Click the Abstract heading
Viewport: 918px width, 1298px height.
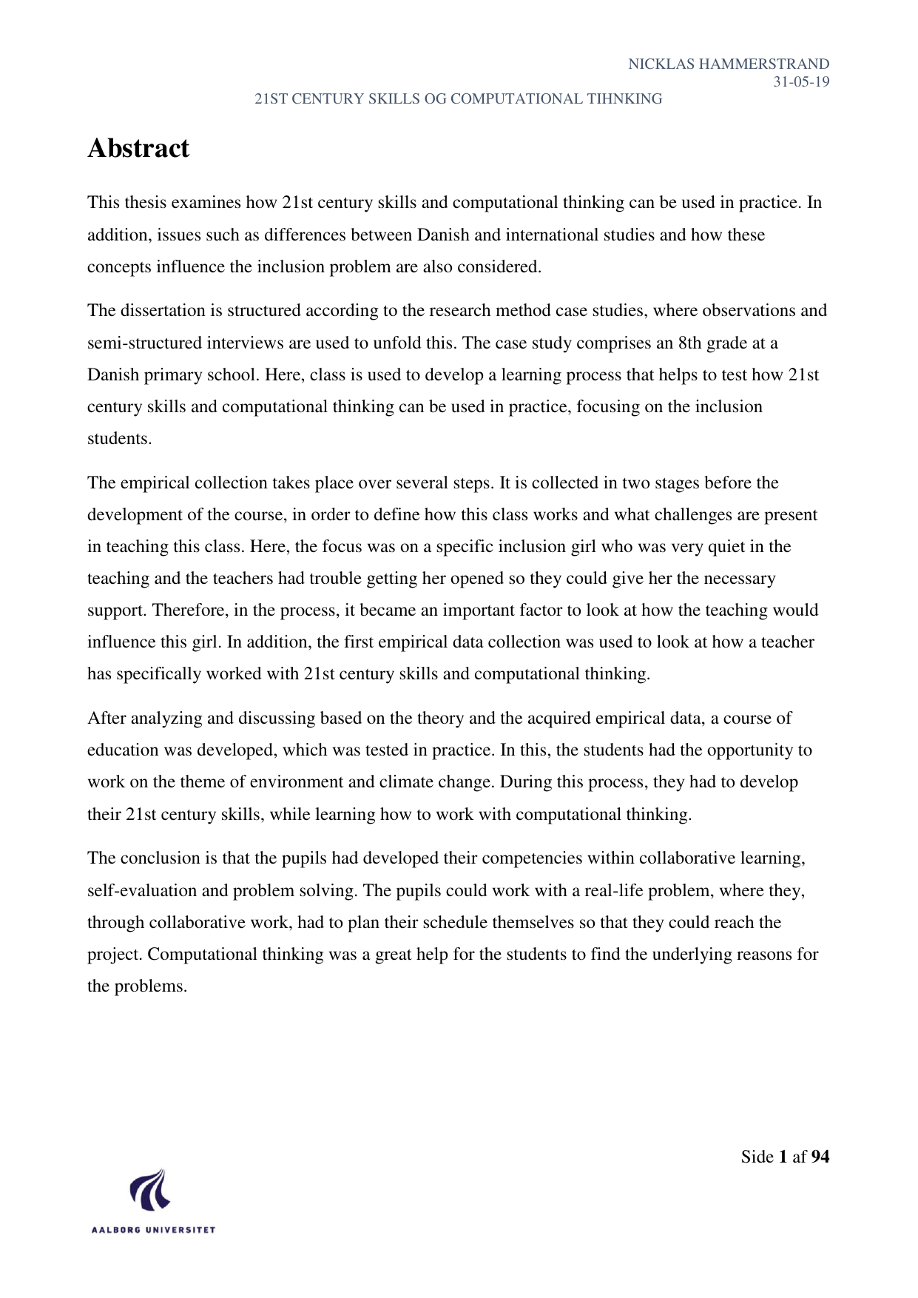[138, 149]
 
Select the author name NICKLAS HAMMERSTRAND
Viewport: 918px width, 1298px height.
[728, 64]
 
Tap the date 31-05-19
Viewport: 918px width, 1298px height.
[801, 82]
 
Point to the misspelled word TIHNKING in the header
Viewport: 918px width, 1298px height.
[626, 99]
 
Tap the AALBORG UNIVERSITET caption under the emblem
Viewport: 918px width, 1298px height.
[153, 1230]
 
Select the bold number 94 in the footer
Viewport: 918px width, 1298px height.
[820, 1157]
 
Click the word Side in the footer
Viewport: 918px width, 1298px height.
[757, 1157]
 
